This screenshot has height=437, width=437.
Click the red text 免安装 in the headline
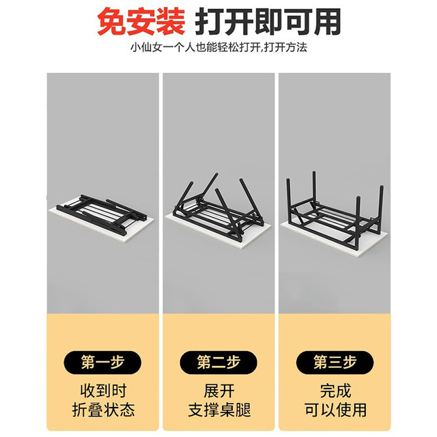[x=141, y=22]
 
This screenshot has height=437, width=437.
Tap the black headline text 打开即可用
[x=268, y=22]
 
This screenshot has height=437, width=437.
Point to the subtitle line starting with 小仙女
[x=218, y=47]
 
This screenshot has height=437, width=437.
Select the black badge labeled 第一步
[x=102, y=363]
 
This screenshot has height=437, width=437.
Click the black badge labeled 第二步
[x=218, y=363]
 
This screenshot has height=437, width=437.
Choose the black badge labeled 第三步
[x=335, y=363]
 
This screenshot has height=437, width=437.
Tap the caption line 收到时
[x=103, y=391]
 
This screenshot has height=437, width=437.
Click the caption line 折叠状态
[x=103, y=410]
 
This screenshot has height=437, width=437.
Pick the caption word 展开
[x=219, y=391]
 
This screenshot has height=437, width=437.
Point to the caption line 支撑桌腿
[x=219, y=410]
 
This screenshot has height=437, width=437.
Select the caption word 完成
[x=335, y=391]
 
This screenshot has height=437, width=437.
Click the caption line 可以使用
[x=335, y=410]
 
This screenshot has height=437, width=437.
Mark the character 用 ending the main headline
[x=327, y=22]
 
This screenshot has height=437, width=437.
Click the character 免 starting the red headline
[x=111, y=22]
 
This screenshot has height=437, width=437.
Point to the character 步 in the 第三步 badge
[x=350, y=363]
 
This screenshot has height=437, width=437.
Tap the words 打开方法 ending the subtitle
[x=285, y=47]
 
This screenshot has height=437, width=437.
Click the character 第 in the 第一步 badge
[x=88, y=363]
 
